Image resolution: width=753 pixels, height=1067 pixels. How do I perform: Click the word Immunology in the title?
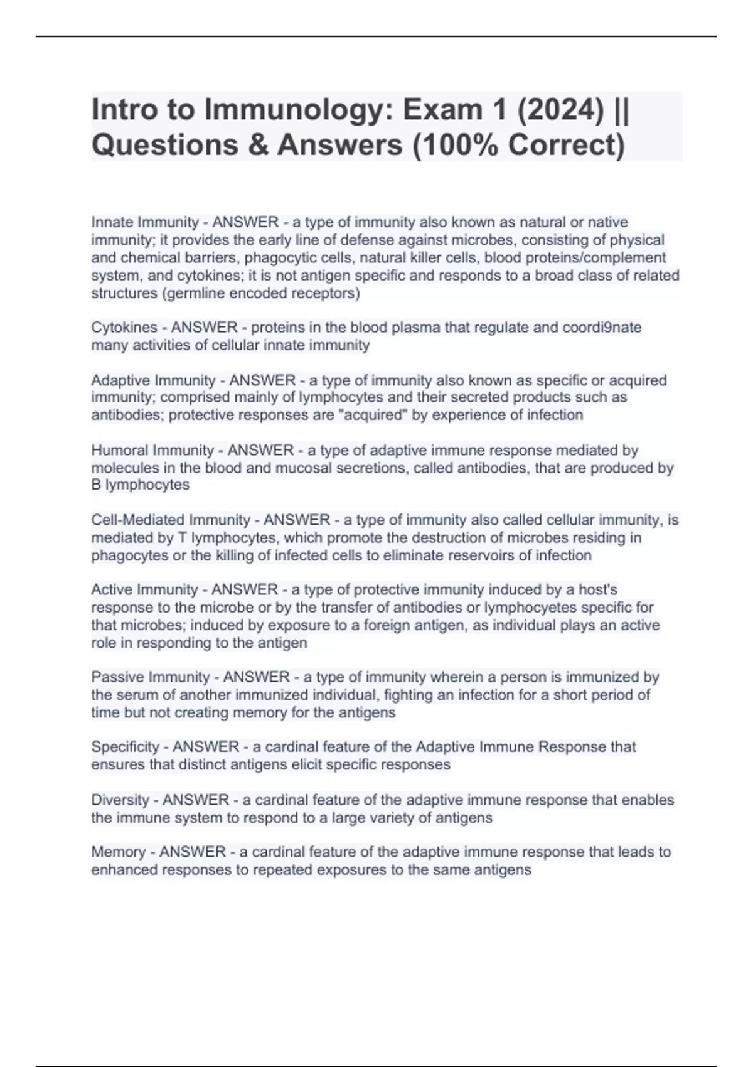point(295,110)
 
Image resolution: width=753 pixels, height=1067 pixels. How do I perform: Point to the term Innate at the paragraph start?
point(113,222)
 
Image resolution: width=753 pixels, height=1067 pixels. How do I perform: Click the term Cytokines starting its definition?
point(124,328)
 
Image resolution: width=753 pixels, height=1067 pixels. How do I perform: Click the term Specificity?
point(125,747)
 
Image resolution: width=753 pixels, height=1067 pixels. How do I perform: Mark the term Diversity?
point(120,800)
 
